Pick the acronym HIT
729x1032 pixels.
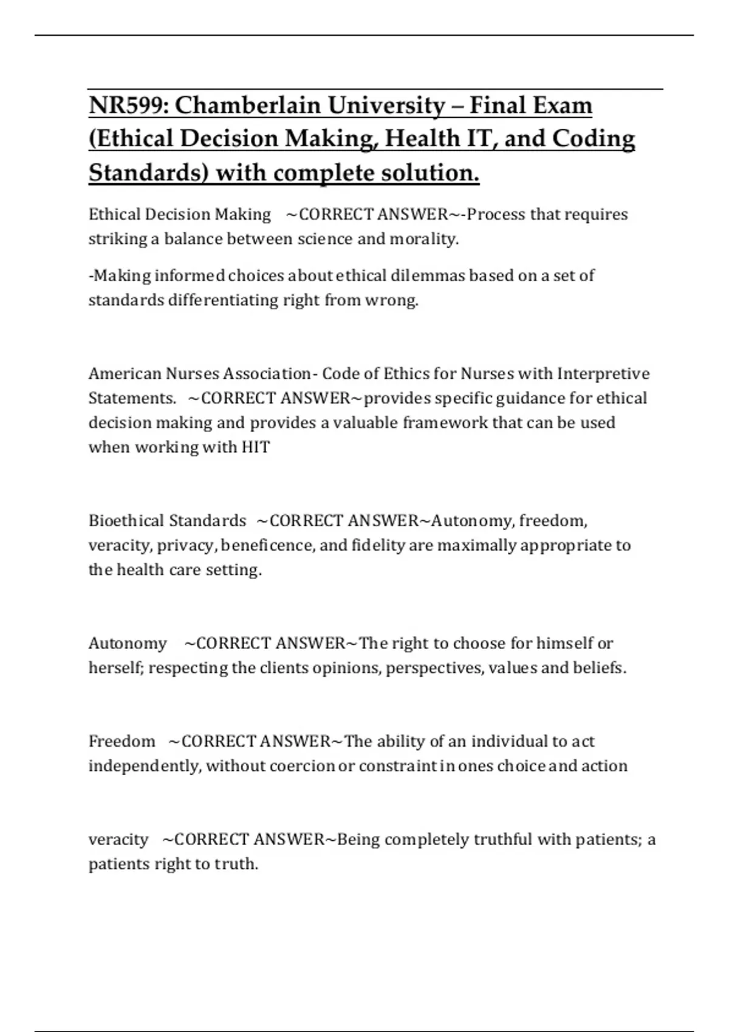point(255,447)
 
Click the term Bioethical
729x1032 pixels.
point(126,521)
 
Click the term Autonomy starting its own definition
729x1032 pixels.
point(128,643)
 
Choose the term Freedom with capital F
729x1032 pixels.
point(122,741)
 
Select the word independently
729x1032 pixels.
point(145,766)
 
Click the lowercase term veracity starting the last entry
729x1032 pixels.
point(118,840)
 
